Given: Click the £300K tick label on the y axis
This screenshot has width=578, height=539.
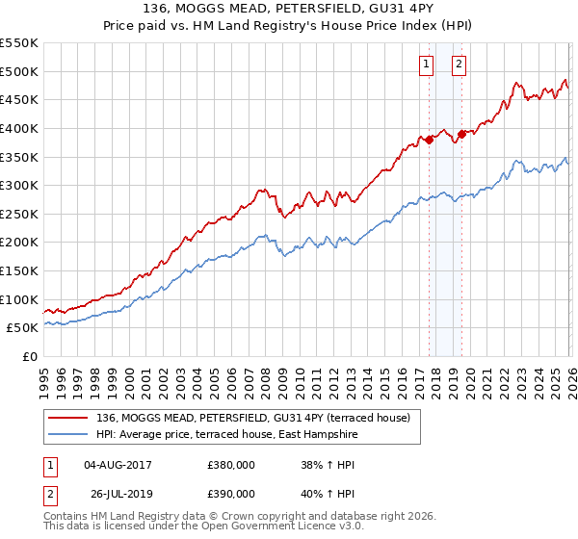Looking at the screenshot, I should coord(19,185).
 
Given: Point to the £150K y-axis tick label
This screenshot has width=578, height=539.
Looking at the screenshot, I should coord(19,270).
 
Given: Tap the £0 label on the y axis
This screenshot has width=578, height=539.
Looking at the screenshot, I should coord(31,356).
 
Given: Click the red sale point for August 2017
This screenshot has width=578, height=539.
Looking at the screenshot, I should coord(429,141).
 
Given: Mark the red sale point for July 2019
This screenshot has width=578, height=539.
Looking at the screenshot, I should coord(461,134).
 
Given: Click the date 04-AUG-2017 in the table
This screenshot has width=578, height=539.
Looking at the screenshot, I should coord(118,464).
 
